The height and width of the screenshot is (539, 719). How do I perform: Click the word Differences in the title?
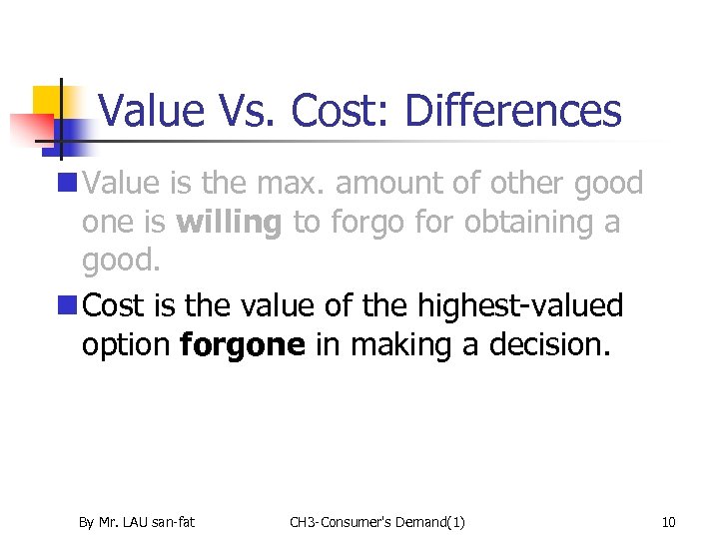click(512, 111)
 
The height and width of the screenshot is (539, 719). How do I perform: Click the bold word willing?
click(229, 223)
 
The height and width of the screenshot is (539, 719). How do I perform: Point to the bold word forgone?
click(243, 345)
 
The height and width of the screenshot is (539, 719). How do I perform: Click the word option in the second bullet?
click(127, 345)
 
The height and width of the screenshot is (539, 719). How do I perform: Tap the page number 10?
click(668, 521)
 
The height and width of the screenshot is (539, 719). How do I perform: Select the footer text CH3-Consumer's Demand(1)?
click(376, 521)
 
